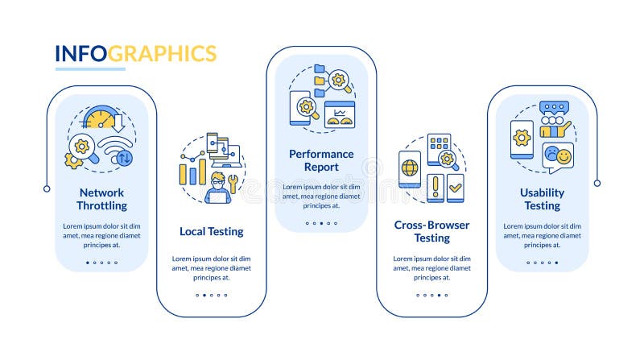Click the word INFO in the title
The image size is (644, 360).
80,54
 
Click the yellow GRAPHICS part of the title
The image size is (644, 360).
163,54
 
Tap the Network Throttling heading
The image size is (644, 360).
101,199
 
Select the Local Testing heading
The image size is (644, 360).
211,232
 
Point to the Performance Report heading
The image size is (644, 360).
321,160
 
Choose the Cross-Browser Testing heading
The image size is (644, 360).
431,231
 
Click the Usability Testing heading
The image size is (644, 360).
542,199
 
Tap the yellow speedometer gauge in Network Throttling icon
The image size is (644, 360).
100,118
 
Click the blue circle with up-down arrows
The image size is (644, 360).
124,158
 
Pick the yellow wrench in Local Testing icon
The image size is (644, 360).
233,183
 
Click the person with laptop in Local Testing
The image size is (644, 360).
217,188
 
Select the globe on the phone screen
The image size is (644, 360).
410,168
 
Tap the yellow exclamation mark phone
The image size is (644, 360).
436,188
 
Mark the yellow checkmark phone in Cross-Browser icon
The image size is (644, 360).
456,187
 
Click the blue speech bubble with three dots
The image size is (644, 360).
554,108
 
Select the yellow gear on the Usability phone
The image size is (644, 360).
522,138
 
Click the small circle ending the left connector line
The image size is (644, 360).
47,188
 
